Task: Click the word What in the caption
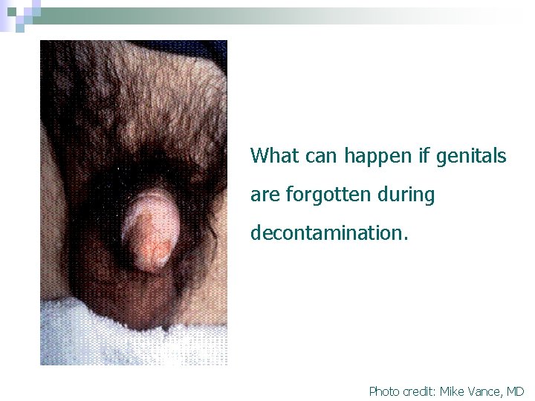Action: [273, 156]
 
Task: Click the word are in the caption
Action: [264, 195]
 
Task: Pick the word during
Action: [409, 195]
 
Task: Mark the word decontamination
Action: [327, 233]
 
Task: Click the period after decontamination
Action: [406, 238]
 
